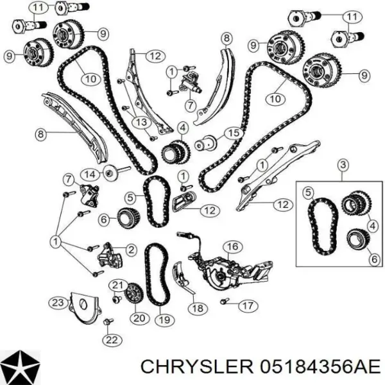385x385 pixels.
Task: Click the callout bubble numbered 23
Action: point(58,303)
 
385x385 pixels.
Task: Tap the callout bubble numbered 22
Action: point(112,340)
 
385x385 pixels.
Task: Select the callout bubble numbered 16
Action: point(233,246)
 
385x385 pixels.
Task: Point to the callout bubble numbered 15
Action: point(234,133)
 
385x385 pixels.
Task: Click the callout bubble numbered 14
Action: point(90,175)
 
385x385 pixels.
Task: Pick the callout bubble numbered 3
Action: point(343,164)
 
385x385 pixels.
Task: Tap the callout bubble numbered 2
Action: point(132,250)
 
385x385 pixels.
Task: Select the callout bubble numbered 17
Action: point(248,305)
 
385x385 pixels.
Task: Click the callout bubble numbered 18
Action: point(198,308)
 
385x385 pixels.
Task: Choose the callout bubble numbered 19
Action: point(165,320)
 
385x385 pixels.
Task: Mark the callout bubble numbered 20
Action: point(139,318)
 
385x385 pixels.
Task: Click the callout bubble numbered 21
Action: point(118,285)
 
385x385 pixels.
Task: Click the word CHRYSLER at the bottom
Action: point(197,368)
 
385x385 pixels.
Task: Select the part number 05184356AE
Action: point(321,368)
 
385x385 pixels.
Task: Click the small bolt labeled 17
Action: point(225,301)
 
